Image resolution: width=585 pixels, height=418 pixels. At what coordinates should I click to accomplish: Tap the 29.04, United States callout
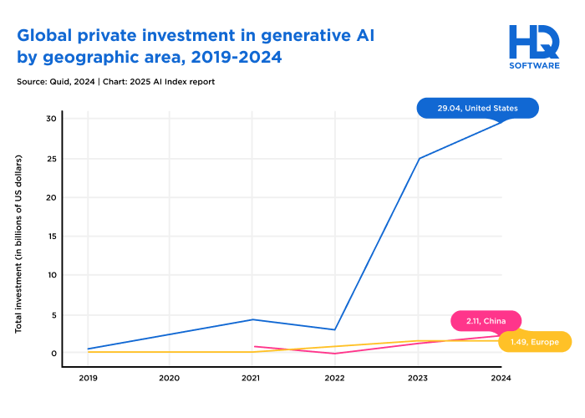pos(477,108)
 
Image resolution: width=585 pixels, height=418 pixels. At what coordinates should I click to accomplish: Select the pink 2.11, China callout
pos(486,321)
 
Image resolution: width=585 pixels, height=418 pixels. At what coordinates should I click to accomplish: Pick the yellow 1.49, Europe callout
pos(534,341)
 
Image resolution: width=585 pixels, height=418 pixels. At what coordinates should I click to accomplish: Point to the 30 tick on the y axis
pos(51,119)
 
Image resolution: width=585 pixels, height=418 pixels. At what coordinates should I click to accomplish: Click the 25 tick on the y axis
pos(51,159)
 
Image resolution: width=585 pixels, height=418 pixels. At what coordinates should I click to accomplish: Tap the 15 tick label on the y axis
pos(51,237)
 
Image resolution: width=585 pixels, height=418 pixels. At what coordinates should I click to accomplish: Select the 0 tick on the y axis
pos(53,353)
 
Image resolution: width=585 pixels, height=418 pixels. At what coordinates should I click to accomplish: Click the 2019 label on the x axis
pos(87,378)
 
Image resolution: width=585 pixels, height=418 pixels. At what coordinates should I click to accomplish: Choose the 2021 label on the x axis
pos(252,378)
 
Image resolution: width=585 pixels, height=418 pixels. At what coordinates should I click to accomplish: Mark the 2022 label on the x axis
pos(335,378)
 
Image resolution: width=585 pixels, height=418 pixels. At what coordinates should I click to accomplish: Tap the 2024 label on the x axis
pos(501,378)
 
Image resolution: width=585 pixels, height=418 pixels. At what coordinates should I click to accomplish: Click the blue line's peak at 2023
pos(418,159)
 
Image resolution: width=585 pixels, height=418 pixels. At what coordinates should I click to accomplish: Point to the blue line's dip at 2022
pos(335,329)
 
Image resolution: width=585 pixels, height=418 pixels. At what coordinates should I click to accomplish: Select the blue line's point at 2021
pos(252,319)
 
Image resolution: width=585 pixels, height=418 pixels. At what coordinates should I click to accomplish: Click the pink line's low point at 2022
pos(335,354)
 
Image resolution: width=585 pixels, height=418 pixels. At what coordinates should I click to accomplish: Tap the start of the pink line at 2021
pos(254,346)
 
